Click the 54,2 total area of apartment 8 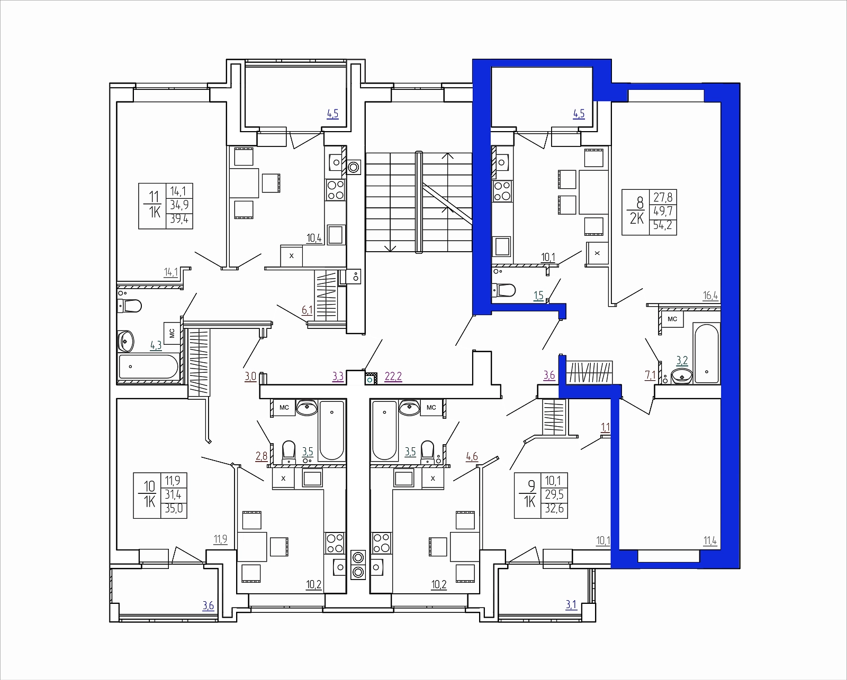[663, 227]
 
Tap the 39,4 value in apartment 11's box [179, 219]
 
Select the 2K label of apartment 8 [637, 218]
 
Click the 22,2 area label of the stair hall [393, 376]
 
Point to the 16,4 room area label [710, 296]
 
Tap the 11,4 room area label [710, 541]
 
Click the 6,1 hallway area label [307, 310]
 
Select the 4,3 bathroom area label [156, 345]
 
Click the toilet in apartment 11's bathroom [130, 306]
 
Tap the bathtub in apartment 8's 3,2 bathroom [707, 353]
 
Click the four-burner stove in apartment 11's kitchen [336, 190]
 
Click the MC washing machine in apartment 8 [672, 319]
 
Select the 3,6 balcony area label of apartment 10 [208, 605]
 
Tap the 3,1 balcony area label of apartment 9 [571, 605]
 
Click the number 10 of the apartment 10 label [149, 486]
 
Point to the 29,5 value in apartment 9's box [554, 494]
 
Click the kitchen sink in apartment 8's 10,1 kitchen [502, 162]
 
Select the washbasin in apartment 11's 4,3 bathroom [125, 341]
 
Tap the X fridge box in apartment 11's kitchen [291, 256]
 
